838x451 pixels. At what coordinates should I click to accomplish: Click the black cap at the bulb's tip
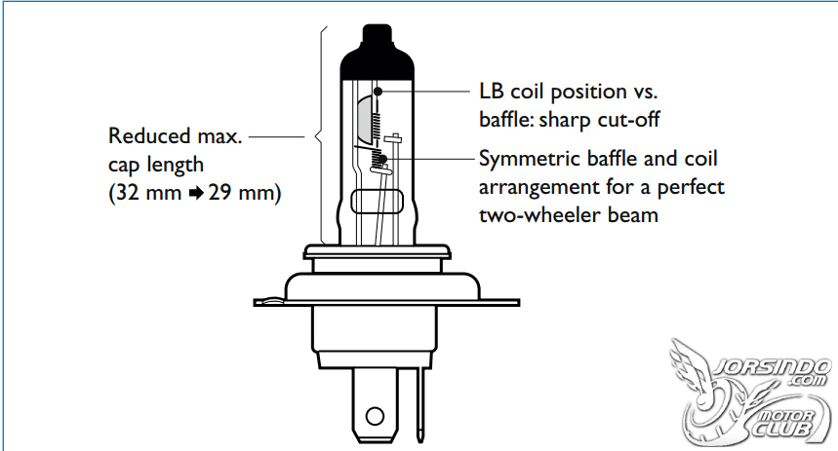pos(378,54)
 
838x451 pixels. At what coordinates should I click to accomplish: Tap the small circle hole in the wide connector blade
pos(375,416)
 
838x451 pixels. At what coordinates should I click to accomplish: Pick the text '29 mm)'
pos(245,192)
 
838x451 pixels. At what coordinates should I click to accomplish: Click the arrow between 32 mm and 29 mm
pos(196,193)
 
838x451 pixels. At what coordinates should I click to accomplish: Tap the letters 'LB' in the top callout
pos(492,92)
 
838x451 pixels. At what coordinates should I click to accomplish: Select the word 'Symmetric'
pos(530,160)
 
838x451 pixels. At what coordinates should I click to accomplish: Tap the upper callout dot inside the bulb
pos(378,92)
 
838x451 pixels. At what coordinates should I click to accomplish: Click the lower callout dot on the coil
pos(382,159)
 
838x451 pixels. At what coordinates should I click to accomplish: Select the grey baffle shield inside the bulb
pos(364,115)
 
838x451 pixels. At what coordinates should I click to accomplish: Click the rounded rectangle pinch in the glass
pos(377,202)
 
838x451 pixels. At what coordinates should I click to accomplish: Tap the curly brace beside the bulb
pos(321,135)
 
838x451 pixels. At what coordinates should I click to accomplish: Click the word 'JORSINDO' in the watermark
pos(773,367)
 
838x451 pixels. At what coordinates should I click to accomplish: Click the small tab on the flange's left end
pos(269,301)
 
